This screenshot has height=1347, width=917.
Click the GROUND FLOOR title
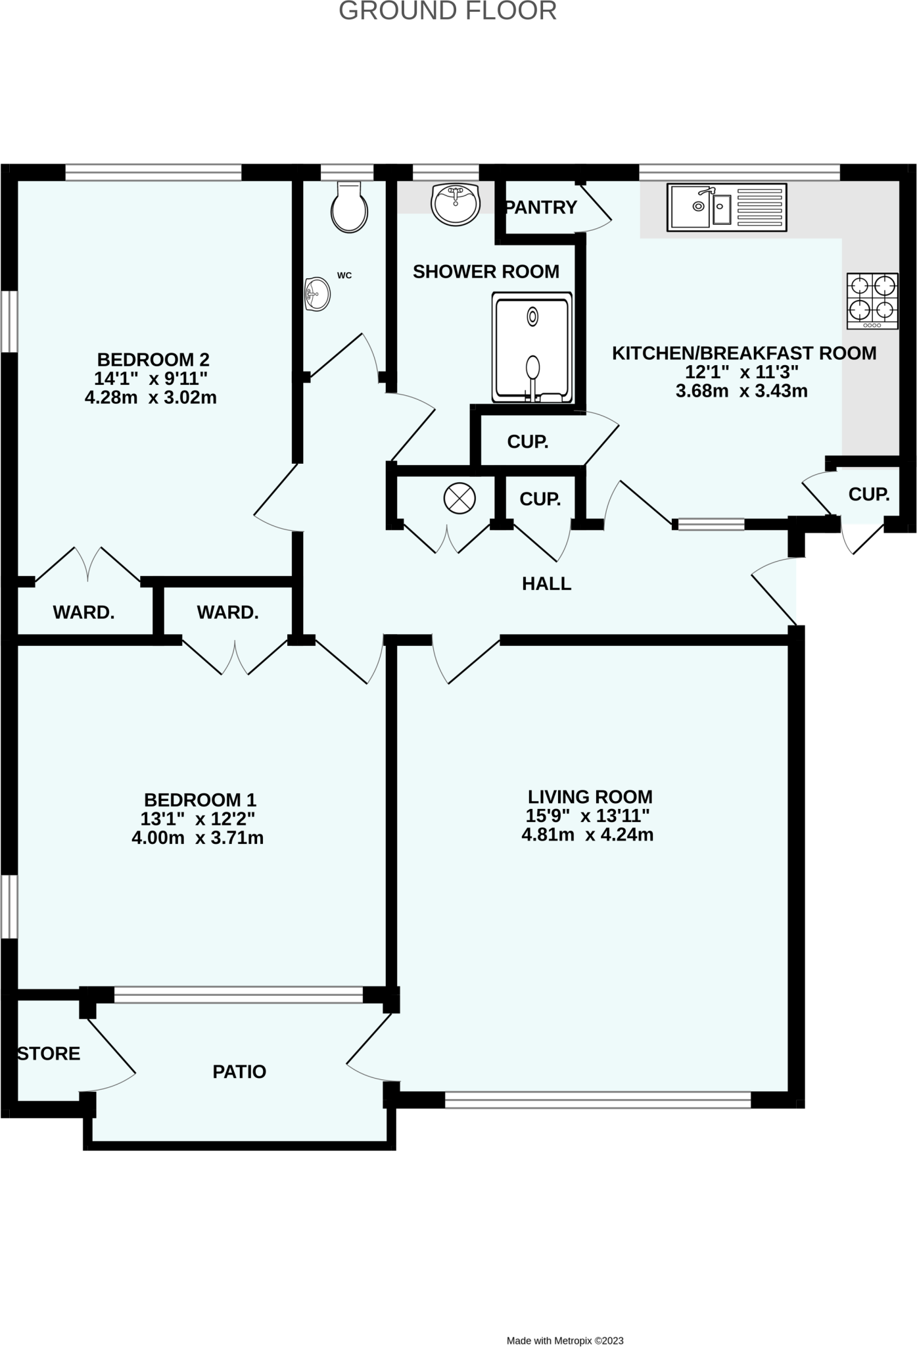click(x=448, y=11)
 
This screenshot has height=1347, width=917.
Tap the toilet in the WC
click(x=349, y=208)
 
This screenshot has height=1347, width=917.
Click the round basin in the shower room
click(x=456, y=203)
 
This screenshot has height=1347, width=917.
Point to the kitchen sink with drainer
click(x=726, y=207)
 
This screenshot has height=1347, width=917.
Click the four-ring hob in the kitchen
click(x=872, y=301)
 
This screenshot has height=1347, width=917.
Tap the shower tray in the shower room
click(x=532, y=347)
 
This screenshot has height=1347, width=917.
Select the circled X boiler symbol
click(x=459, y=498)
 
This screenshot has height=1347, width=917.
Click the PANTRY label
click(x=541, y=208)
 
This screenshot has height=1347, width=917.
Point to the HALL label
click(x=546, y=583)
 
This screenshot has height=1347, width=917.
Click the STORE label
click(x=49, y=1053)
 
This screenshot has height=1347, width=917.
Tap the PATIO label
click(x=239, y=1071)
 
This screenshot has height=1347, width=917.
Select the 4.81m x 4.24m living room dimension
click(x=587, y=835)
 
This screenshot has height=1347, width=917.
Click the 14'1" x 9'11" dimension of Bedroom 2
click(x=151, y=379)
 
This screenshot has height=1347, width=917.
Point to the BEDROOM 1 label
click(x=200, y=800)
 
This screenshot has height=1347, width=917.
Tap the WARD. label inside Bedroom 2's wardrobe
click(x=83, y=612)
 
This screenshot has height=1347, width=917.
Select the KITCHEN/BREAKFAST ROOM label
click(x=744, y=353)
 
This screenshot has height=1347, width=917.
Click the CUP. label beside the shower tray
click(x=527, y=442)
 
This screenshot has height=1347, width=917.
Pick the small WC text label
click(x=344, y=276)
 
